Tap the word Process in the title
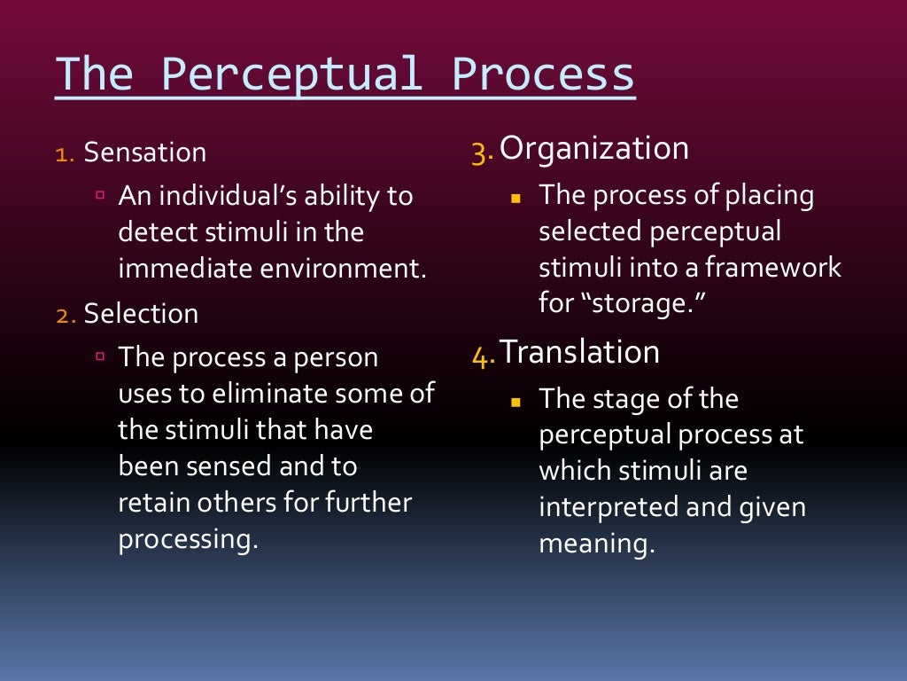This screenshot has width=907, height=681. click(x=543, y=74)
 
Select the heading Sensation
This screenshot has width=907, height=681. click(x=145, y=153)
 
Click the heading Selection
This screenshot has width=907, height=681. click(x=141, y=314)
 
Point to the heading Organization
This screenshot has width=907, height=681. click(x=594, y=148)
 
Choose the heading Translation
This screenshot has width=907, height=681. click(x=580, y=353)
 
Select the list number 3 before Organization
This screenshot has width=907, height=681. click(x=482, y=151)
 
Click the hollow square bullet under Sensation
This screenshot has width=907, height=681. click(x=101, y=195)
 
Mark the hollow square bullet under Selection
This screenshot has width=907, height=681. click(x=101, y=356)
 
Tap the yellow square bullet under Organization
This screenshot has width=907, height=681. click(x=516, y=197)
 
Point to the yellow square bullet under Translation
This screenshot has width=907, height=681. click(x=516, y=401)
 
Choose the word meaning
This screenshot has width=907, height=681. click(x=596, y=544)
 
